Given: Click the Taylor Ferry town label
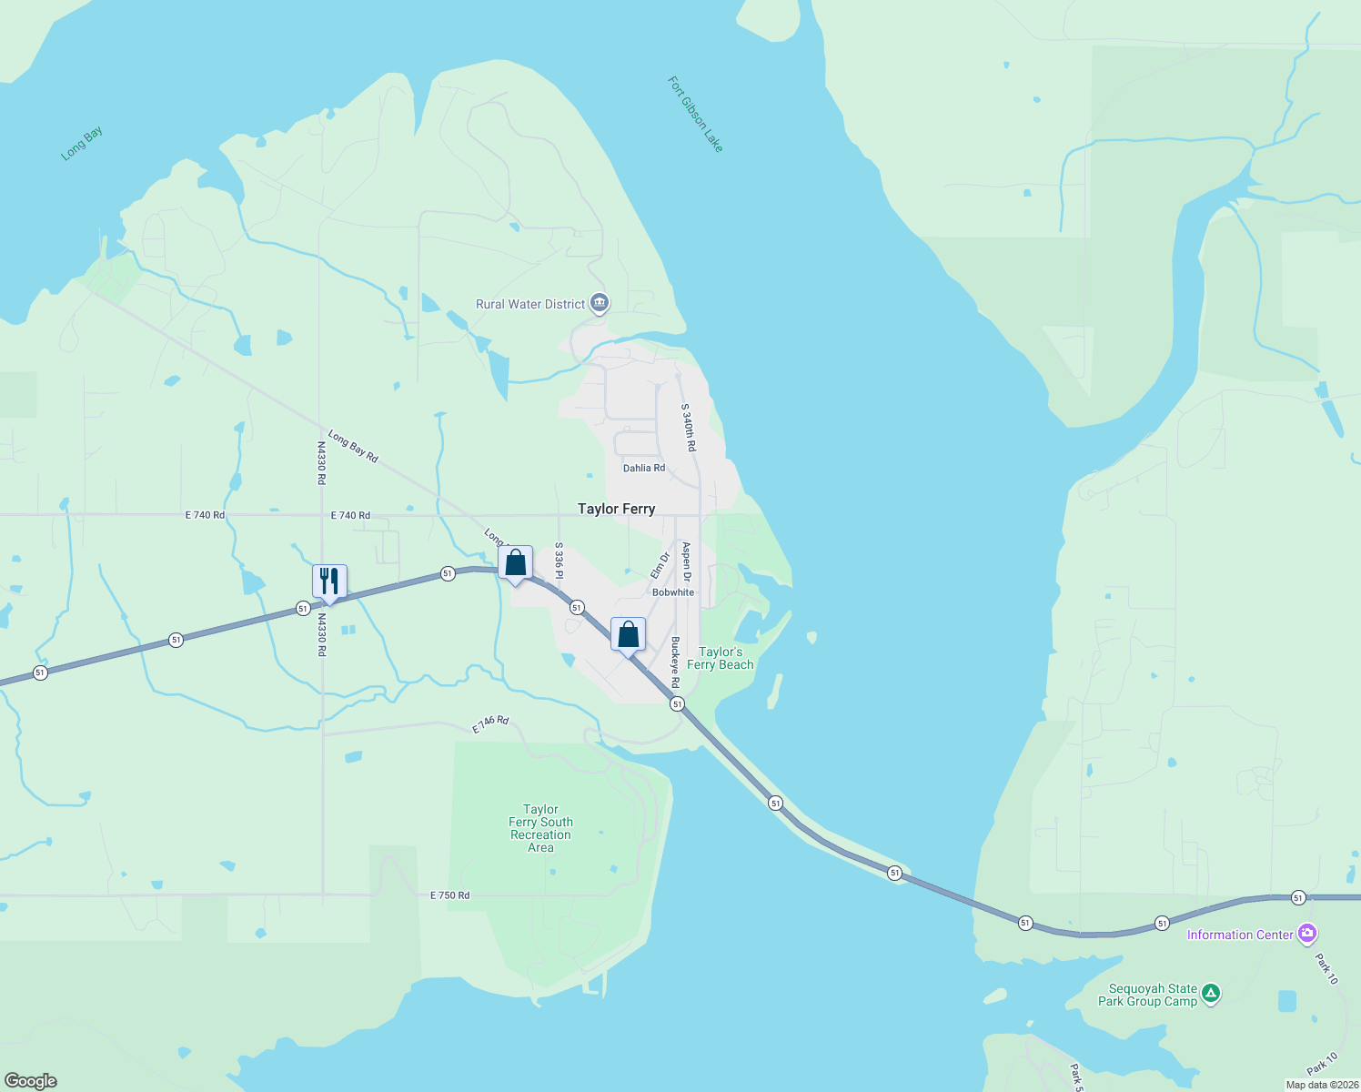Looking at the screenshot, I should pos(616,509).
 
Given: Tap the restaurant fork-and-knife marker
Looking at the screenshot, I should pos(329,581).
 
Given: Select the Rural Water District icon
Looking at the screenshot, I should pos(599,303).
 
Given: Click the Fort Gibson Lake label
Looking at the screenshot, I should pos(696,115).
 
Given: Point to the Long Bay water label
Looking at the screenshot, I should pos(82,144).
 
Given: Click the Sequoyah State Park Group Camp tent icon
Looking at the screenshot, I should pos(1211,994).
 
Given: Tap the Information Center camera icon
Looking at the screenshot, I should pos(1307,934).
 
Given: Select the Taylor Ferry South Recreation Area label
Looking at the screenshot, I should pos(540,828).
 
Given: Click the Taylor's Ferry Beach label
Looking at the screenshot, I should pos(721,658).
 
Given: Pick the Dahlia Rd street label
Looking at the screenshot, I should pos(644,468).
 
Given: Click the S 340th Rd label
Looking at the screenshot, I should pos(689,428).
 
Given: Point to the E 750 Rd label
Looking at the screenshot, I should pos(450,895).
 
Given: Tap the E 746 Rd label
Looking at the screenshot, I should pos(490,724).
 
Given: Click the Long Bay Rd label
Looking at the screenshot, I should pos(353,446).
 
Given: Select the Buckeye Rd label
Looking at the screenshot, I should pos(675,662).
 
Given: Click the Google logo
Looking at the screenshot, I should pos(31,1081).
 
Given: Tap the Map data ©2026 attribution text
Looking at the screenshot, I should pos(1322,1085).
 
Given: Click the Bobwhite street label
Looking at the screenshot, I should pos(673,592).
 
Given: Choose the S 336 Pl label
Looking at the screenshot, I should pos(560,561).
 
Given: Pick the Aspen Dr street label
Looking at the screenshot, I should pos(687,562).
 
